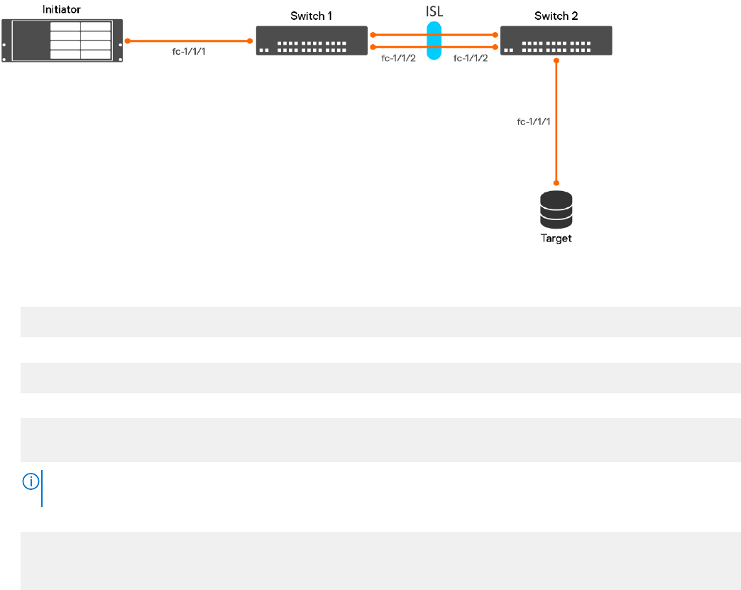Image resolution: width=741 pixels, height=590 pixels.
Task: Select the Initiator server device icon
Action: (x=62, y=41)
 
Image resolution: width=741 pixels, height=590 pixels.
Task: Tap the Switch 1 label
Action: (x=311, y=16)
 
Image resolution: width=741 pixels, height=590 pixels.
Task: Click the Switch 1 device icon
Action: (x=312, y=41)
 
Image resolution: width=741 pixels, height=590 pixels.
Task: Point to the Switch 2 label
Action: (x=556, y=16)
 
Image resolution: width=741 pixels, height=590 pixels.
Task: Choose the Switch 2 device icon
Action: (x=556, y=41)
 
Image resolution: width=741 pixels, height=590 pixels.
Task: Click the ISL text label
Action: (x=434, y=12)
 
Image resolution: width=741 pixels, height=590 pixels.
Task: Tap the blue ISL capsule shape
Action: (x=434, y=41)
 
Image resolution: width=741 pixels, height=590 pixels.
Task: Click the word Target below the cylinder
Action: (x=556, y=239)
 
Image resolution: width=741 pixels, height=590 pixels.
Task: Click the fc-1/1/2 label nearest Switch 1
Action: (x=399, y=58)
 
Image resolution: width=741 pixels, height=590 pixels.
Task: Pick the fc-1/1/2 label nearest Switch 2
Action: (x=471, y=58)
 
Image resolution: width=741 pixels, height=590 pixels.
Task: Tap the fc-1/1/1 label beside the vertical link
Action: (x=533, y=121)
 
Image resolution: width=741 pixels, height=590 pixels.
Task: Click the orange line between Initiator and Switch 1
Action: (x=188, y=41)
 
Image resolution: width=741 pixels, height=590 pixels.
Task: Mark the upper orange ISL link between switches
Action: (x=397, y=34)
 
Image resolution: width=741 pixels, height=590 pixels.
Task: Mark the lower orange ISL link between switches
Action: (x=397, y=48)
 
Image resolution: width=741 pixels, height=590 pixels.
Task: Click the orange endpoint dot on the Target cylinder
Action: (x=556, y=182)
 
